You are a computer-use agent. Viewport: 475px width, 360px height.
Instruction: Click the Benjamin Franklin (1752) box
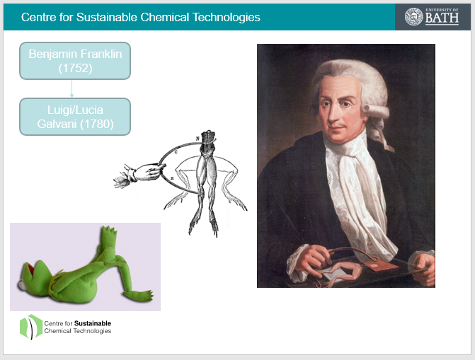coord(75,61)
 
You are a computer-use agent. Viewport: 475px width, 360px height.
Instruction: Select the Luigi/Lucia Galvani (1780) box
coord(75,117)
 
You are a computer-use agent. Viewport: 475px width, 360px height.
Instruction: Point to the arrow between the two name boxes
coord(71,88)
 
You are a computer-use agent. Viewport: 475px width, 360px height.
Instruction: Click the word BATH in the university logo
coord(442,18)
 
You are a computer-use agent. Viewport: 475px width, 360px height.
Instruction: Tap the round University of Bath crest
coord(414,17)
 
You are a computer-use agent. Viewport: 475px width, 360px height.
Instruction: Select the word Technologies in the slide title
coord(227,18)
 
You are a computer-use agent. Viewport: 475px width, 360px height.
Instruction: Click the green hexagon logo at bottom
coord(31,327)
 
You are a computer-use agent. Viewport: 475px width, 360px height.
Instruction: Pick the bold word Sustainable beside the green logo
coord(93,323)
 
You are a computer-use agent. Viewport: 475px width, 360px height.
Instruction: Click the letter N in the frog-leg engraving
coord(198,139)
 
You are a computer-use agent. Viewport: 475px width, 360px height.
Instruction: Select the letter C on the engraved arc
coord(176,152)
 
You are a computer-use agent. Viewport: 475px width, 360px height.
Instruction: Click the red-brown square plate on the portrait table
coord(380,265)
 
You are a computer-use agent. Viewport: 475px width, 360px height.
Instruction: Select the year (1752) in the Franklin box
coord(75,68)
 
